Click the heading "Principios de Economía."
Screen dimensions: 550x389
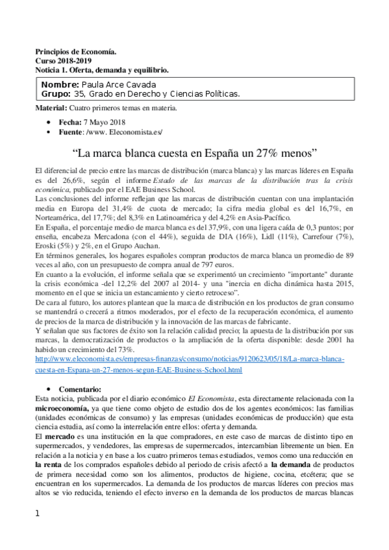[75, 51]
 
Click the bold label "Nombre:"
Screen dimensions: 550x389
[60, 84]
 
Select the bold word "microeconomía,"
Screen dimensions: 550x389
[63, 410]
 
